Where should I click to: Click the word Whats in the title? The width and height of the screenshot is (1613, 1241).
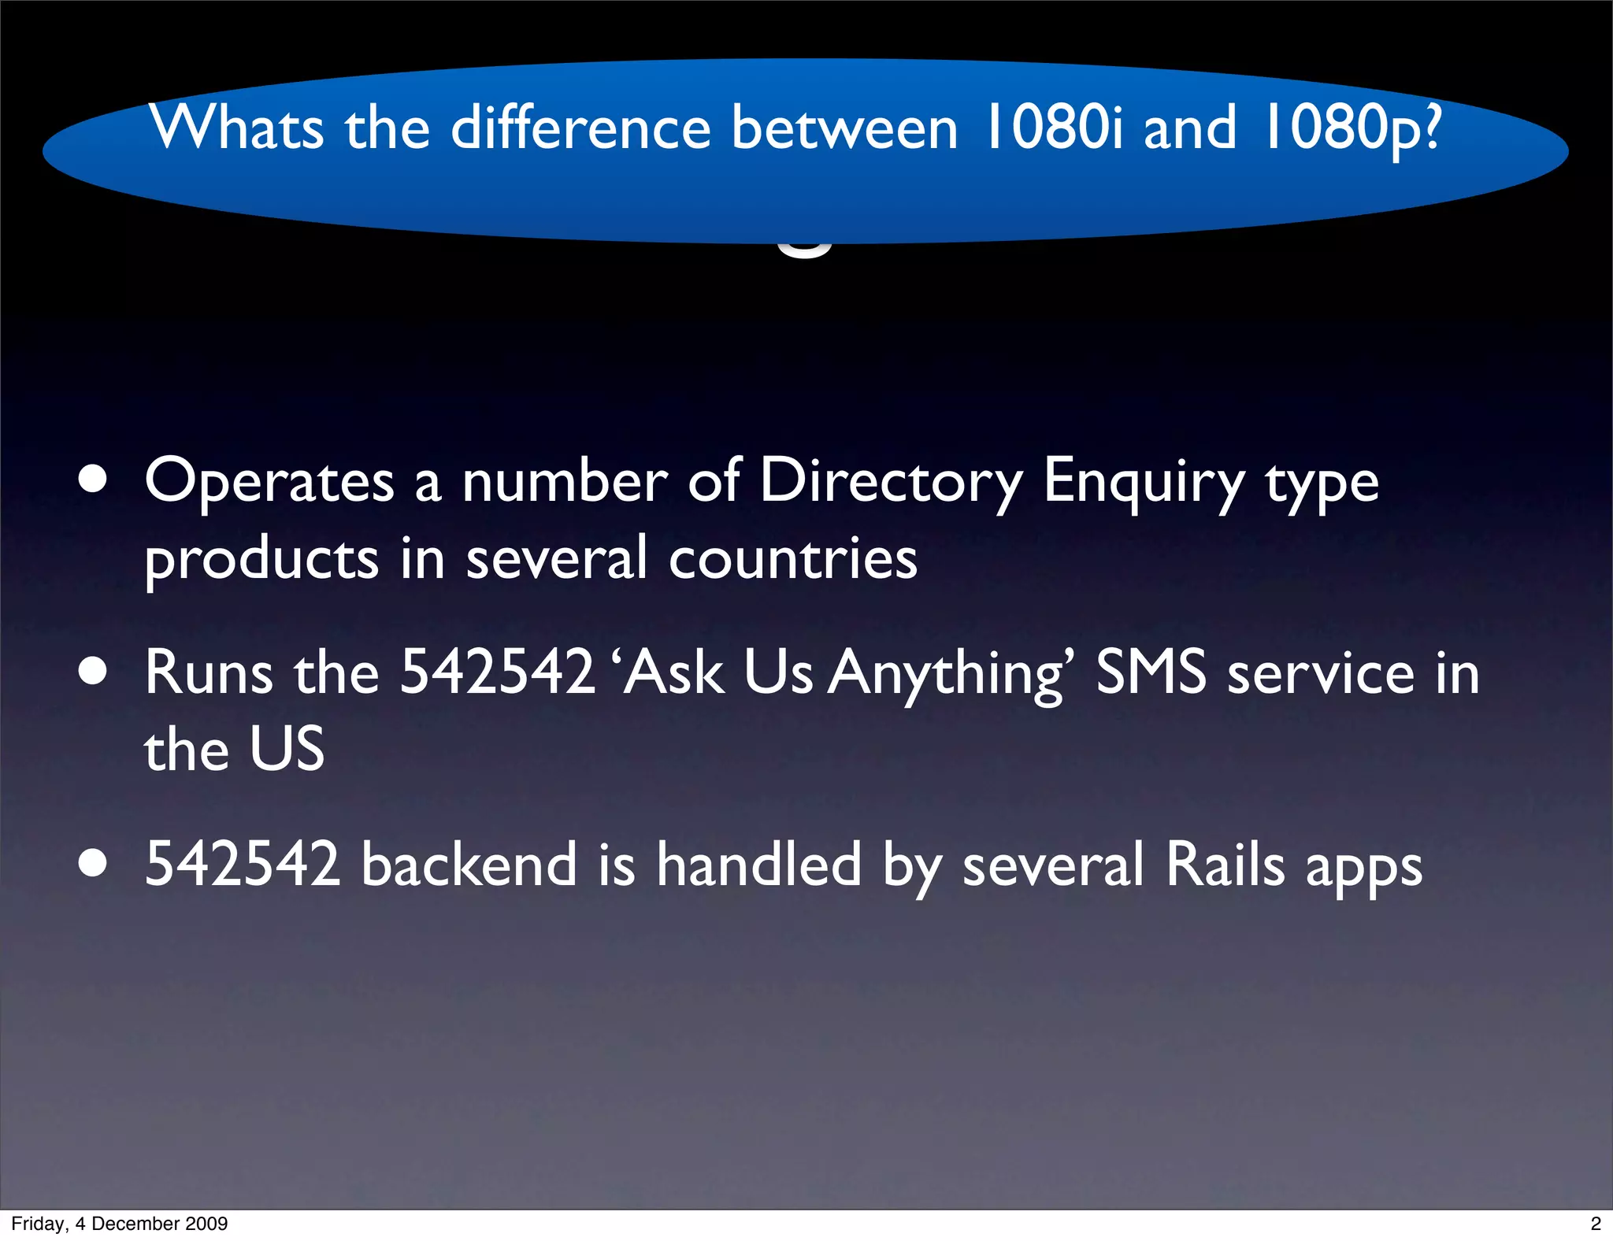click(236, 127)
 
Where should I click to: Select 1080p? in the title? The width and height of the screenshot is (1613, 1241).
click(1352, 128)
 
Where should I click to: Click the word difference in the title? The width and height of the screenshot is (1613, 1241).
click(580, 127)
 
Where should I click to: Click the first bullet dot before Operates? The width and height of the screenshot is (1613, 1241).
click(93, 480)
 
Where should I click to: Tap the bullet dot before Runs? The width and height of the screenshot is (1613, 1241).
click(93, 672)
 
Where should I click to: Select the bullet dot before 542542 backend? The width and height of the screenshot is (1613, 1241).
click(93, 863)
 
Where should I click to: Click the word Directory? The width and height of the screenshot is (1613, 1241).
click(891, 482)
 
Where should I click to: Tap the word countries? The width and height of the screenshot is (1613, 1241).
click(793, 559)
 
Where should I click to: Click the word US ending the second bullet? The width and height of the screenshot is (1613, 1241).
click(287, 749)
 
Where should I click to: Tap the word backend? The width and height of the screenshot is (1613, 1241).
click(469, 864)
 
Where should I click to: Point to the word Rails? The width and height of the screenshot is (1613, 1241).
click(1225, 864)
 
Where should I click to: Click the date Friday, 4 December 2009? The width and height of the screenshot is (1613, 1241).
click(120, 1223)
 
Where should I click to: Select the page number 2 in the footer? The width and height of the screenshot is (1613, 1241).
click(1596, 1223)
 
